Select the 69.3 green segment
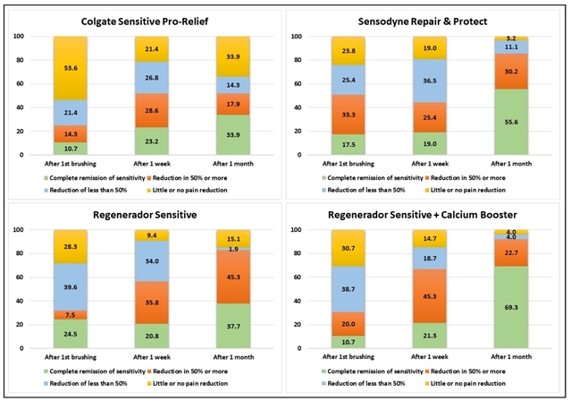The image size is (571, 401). [x=512, y=306]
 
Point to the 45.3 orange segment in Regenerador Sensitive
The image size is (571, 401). [x=231, y=277]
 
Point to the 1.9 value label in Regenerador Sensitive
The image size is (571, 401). [x=231, y=249]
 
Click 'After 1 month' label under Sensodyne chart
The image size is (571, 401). [x=512, y=166]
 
